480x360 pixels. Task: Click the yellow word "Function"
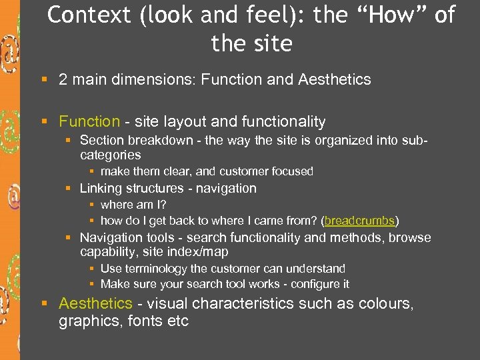pyautogui.click(x=89, y=121)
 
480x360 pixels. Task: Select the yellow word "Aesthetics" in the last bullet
pyautogui.click(x=95, y=303)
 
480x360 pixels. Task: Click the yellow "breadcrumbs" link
pyautogui.click(x=360, y=220)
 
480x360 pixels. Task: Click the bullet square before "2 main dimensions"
pyautogui.click(x=45, y=80)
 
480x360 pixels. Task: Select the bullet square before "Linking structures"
pyautogui.click(x=68, y=189)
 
